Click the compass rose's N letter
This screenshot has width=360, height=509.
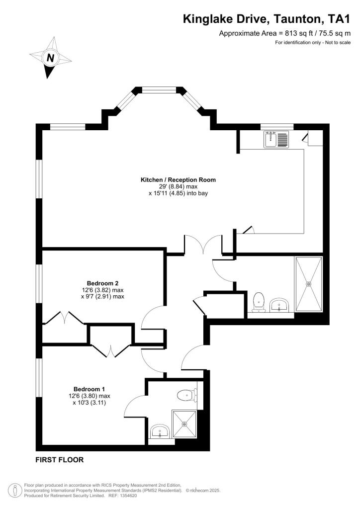click(x=50, y=58)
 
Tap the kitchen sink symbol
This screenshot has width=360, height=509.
click(x=276, y=139)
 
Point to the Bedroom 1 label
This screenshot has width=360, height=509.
click(x=89, y=389)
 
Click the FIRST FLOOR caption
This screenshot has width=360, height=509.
click(x=59, y=460)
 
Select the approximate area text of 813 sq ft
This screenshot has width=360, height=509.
click(x=285, y=33)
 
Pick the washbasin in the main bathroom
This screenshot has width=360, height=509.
click(x=280, y=305)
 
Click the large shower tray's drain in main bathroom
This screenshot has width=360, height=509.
click(x=309, y=284)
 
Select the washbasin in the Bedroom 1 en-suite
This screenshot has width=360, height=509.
click(x=160, y=430)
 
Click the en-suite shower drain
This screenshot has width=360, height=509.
click(x=184, y=424)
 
